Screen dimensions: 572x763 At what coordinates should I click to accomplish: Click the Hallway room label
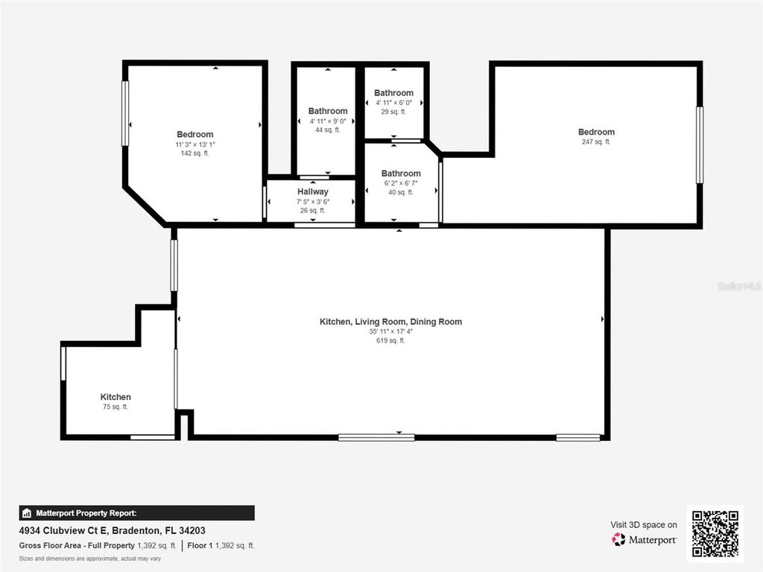[312, 191]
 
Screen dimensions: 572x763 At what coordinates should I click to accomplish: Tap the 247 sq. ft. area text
[595, 142]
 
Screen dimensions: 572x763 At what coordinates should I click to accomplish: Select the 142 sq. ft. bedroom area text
[194, 153]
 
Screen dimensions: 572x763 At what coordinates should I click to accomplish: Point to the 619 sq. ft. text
[390, 340]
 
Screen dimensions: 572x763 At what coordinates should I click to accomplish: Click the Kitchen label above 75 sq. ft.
[115, 397]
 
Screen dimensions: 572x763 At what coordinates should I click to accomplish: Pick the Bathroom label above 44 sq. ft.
[328, 111]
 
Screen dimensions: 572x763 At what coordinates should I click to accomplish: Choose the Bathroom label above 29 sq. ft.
[393, 93]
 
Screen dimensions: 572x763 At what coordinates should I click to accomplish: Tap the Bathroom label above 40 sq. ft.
[401, 174]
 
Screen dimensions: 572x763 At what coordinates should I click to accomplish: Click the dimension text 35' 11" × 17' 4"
[390, 331]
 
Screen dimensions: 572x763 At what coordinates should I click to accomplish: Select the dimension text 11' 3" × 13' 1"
[194, 144]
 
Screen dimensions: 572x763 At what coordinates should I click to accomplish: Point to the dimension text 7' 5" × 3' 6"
[312, 201]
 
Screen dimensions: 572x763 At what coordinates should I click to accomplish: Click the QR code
[715, 533]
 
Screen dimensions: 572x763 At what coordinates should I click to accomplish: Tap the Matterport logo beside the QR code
[645, 539]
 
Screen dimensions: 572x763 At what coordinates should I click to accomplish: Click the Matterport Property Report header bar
[136, 513]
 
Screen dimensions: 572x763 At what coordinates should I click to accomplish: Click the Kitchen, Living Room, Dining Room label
[390, 322]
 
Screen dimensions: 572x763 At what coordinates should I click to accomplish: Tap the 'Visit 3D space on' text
[644, 524]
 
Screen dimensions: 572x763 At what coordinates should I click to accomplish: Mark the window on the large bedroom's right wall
[700, 145]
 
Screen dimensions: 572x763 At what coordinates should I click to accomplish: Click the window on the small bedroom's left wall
[125, 113]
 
